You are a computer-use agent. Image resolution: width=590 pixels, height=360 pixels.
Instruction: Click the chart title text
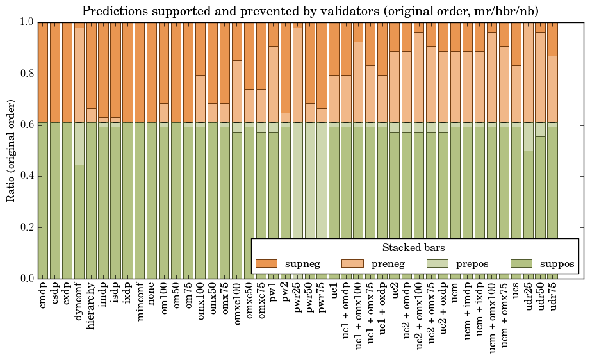pyautogui.click(x=310, y=11)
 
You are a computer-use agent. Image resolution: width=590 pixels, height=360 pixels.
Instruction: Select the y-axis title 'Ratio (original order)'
pyautogui.click(x=11, y=150)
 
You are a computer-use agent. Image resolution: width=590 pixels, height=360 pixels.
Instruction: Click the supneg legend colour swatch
pyautogui.click(x=266, y=264)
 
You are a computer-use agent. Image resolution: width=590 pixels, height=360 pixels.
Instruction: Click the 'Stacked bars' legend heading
pyautogui.click(x=413, y=248)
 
